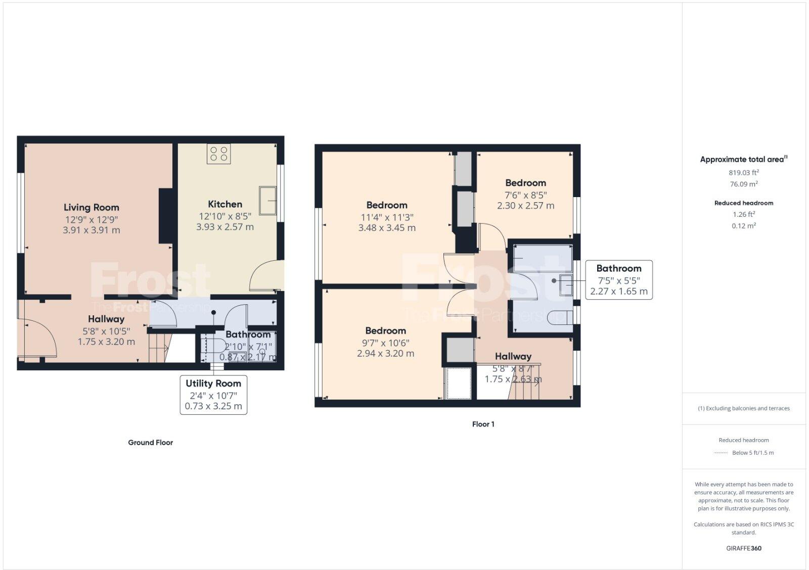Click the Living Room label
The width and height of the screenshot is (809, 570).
pyautogui.click(x=92, y=207)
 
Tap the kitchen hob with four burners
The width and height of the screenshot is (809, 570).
pyautogui.click(x=218, y=154)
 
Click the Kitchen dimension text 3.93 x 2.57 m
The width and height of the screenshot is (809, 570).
pyautogui.click(x=225, y=227)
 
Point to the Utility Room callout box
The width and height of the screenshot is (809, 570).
pyautogui.click(x=213, y=395)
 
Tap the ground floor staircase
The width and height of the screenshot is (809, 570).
pyautogui.click(x=159, y=349)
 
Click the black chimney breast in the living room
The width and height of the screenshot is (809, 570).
pyautogui.click(x=166, y=216)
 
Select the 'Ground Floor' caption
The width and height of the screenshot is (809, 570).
pyautogui.click(x=150, y=442)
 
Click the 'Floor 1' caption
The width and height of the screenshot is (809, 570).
pyautogui.click(x=483, y=424)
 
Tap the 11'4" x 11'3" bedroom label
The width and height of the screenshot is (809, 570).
pyautogui.click(x=387, y=205)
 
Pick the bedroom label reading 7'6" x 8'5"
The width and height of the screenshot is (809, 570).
pyautogui.click(x=525, y=183)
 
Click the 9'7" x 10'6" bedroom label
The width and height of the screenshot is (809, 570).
pyautogui.click(x=385, y=330)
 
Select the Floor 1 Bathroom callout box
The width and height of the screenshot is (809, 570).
pyautogui.click(x=618, y=280)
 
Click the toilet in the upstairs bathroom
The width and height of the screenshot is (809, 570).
pyautogui.click(x=558, y=316)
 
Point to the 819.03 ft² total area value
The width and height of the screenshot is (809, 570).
pyautogui.click(x=743, y=172)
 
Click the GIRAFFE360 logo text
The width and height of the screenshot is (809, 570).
pyautogui.click(x=743, y=548)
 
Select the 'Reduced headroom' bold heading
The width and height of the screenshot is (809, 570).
pyautogui.click(x=743, y=203)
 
